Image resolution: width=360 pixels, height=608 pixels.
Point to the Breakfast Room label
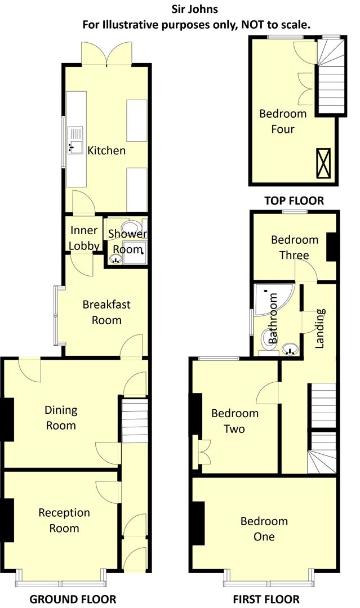(x=106, y=312)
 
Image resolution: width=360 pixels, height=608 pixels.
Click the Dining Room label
(x=61, y=418)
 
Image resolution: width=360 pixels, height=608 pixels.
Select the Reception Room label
(x=64, y=520)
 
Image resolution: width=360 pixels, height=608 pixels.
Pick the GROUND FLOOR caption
(x=73, y=599)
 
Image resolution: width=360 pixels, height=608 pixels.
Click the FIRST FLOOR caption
(x=266, y=599)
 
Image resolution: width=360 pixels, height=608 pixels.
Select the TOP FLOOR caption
(x=294, y=200)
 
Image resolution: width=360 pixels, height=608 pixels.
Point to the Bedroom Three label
(x=295, y=247)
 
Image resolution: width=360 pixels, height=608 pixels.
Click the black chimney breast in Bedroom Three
(x=332, y=247)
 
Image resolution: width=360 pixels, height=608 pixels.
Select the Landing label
(x=319, y=328)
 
